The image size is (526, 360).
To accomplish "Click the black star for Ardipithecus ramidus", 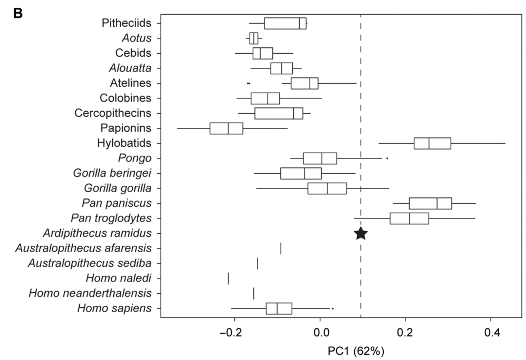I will (361, 233).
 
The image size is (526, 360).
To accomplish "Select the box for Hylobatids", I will (432, 143).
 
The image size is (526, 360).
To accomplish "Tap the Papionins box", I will (226, 128).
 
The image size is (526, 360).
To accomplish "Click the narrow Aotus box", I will (254, 38).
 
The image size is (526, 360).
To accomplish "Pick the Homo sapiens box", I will (279, 308).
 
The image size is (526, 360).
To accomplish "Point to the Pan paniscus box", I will (431, 203).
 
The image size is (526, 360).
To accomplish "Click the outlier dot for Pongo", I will (387, 158).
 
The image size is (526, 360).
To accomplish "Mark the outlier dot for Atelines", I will (248, 83).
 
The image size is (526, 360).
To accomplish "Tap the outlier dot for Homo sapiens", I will (333, 308).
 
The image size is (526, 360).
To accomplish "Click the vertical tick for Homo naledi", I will (228, 278).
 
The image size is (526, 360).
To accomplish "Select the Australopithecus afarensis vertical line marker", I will (281, 248).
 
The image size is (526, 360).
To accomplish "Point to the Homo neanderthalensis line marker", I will (254, 293).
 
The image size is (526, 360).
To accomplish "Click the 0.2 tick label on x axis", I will (405, 332).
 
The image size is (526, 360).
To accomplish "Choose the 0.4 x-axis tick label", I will (491, 332).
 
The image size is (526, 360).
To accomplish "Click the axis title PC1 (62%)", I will (356, 351).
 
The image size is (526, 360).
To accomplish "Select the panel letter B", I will (18, 13).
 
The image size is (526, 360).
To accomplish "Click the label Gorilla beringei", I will (112, 173).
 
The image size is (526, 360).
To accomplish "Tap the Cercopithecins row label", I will (113, 113).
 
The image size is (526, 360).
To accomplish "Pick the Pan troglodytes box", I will (409, 218).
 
